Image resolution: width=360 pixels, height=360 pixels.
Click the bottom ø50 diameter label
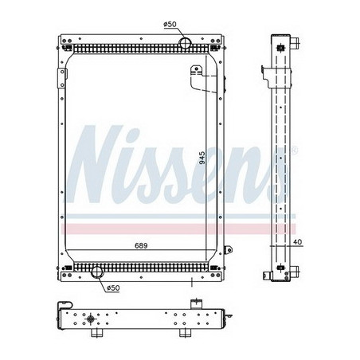[112, 287]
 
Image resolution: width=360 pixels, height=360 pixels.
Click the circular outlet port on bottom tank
[98, 273]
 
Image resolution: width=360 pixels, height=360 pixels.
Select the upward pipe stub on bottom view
[194, 302]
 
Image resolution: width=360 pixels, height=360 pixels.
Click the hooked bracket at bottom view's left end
[61, 307]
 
